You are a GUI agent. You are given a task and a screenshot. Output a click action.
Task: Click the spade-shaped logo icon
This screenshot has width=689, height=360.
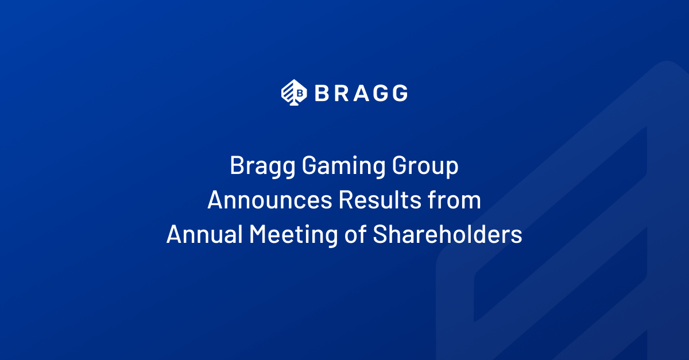pos(294,92)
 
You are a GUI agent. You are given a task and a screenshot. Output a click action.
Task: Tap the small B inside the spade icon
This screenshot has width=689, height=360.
pos(300,93)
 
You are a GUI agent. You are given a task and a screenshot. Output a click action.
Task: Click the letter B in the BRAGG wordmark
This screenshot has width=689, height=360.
pos(322,93)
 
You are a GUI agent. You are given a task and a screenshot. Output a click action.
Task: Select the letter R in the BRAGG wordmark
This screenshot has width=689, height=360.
pos(342,93)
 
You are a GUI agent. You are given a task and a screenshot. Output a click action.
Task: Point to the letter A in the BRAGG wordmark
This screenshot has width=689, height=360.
pos(361,93)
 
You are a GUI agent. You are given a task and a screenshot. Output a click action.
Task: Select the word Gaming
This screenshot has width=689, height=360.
pos(343,167)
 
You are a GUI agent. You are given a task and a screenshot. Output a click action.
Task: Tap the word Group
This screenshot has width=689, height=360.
pos(425,167)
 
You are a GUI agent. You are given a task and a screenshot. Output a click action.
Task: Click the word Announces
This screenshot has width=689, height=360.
pos(270,200)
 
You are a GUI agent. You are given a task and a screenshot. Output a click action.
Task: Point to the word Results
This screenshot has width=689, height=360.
pos(380,199)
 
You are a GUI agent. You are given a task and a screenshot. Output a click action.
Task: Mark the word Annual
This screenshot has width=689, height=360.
pos(204,234)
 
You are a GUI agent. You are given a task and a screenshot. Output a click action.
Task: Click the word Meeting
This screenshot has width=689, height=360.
pos(293,235)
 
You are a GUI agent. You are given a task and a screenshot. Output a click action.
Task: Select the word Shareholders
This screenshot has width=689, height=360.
pos(447,234)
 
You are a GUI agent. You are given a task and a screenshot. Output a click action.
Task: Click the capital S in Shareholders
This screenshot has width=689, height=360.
pos(380,234)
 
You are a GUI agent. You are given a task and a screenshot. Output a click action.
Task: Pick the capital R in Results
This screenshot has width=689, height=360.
pos(346,200)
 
